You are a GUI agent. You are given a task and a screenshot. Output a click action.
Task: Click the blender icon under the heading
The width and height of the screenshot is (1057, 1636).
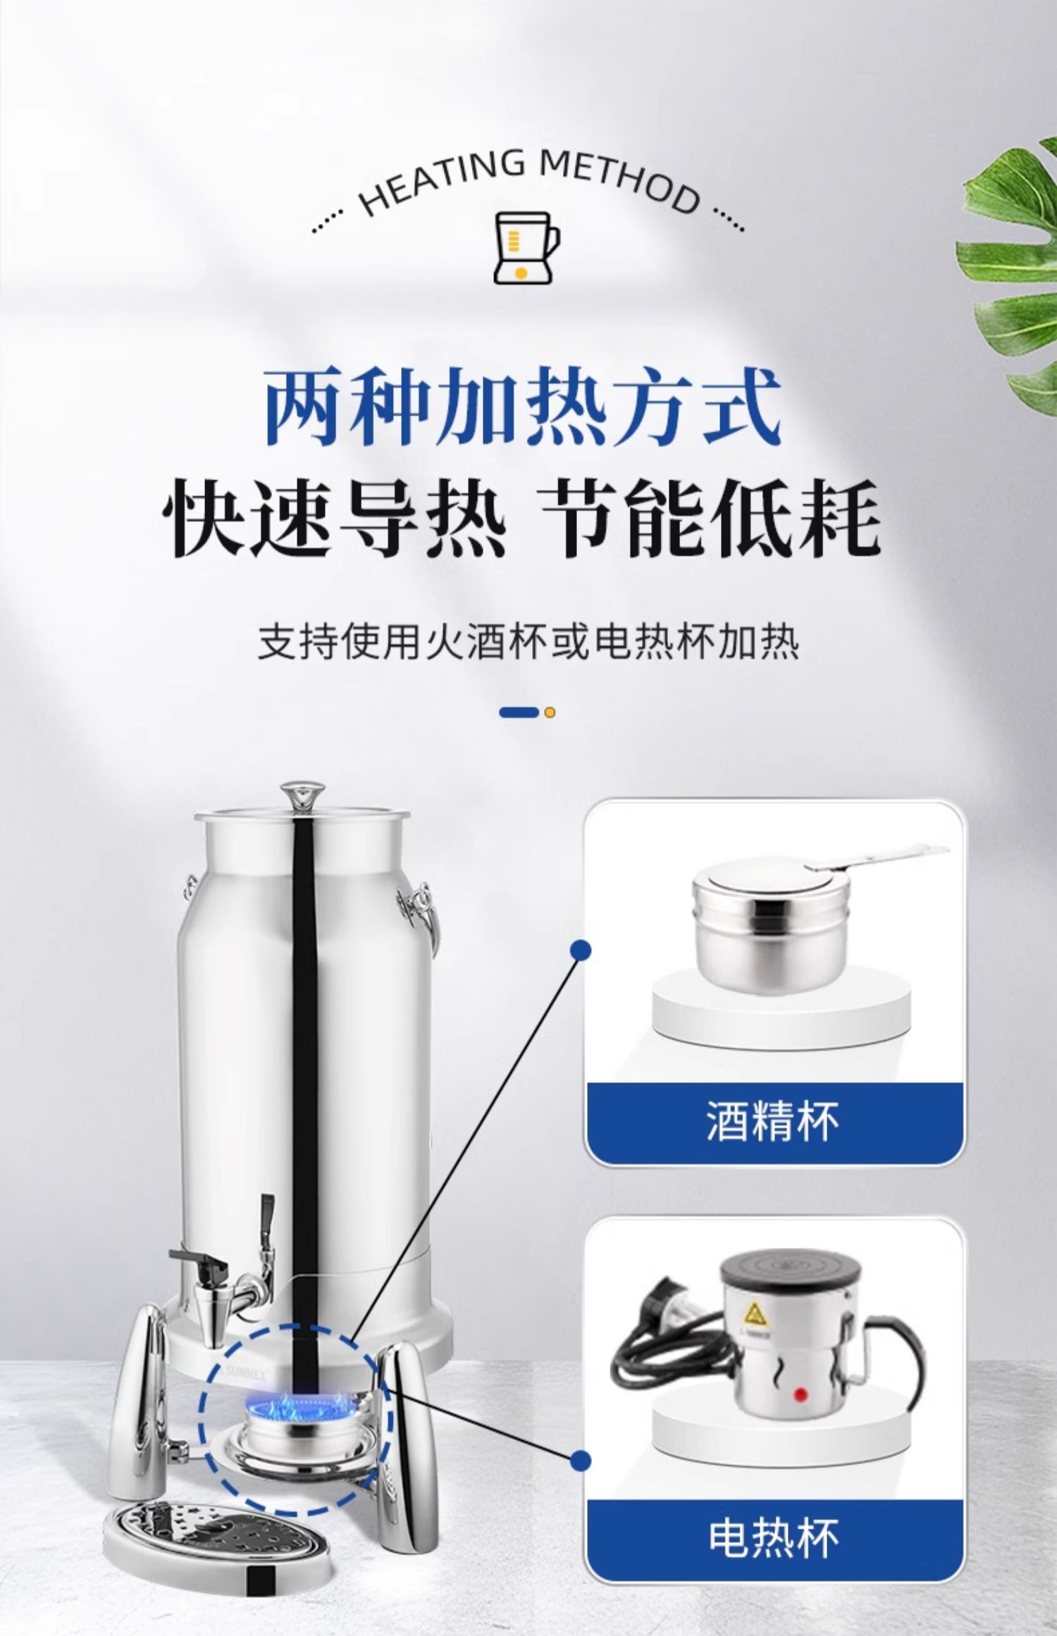tap(528, 247)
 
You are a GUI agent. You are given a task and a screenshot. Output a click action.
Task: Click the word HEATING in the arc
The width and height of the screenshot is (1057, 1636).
tap(443, 179)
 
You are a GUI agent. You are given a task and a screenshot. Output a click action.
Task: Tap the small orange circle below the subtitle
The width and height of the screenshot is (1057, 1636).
tap(550, 712)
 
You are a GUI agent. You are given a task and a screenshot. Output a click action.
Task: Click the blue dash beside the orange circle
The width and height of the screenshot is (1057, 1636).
tap(519, 712)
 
